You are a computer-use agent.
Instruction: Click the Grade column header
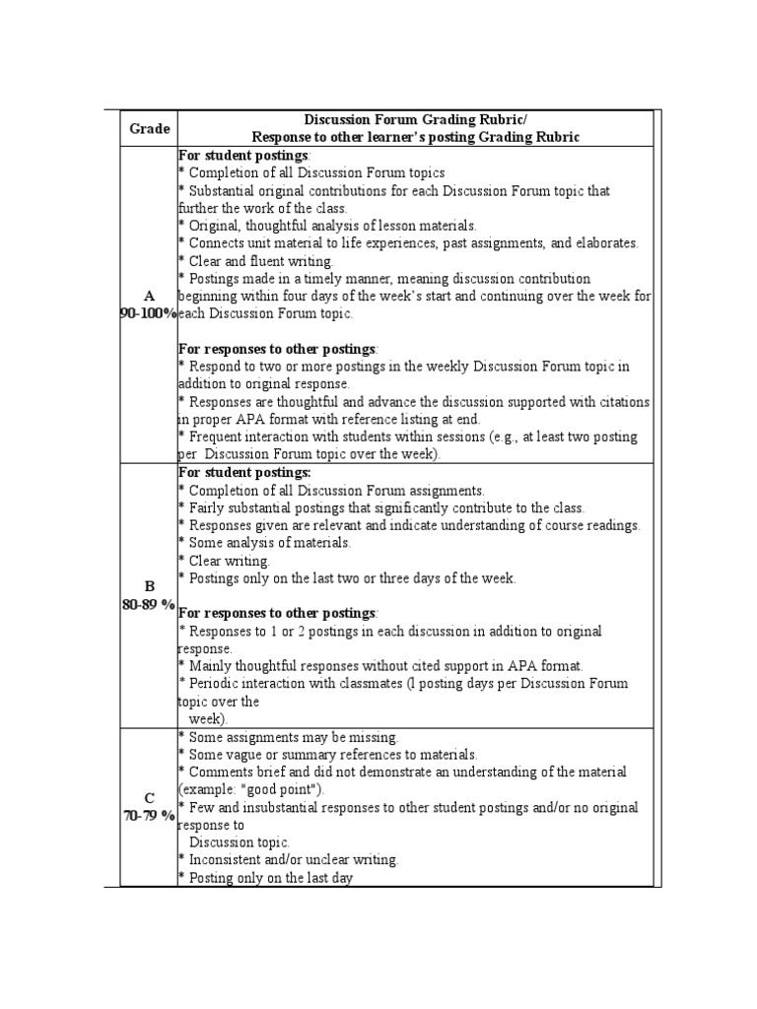149,128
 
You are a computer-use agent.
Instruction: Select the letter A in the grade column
149,296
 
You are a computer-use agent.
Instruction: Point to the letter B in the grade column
149,586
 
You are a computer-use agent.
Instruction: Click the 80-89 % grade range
149,604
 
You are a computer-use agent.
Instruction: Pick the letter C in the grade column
149,798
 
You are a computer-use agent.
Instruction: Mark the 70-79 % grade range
149,816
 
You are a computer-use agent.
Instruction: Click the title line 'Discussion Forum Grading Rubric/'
416,120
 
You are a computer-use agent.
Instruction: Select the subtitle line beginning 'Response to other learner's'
416,138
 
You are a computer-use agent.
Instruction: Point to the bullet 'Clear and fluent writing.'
256,261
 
